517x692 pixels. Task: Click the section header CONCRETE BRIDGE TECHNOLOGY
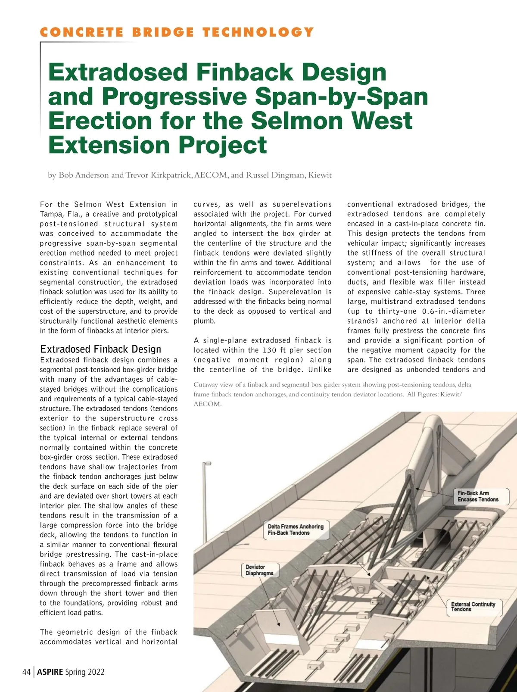point(177,32)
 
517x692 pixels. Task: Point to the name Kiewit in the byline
point(320,175)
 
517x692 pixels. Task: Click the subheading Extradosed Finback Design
point(100,349)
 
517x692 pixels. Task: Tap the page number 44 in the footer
point(26,672)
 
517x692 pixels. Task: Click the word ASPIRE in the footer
point(50,672)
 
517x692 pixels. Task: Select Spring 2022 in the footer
point(85,672)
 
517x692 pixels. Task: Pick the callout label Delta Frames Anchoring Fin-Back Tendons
point(296,530)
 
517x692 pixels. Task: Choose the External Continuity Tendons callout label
point(473,607)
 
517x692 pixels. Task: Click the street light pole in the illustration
point(204,508)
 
